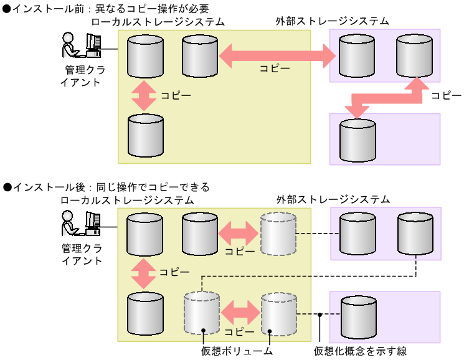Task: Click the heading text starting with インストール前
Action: (x=106, y=7)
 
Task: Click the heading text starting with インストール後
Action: (x=106, y=187)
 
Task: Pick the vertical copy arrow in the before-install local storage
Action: (x=144, y=95)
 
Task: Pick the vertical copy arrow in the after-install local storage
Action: (x=144, y=272)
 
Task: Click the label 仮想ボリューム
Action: (x=237, y=351)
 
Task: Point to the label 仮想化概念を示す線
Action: (x=361, y=351)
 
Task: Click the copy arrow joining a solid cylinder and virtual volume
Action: (x=239, y=234)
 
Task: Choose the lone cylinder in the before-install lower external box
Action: (x=357, y=140)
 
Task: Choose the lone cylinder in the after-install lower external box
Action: (x=359, y=316)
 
